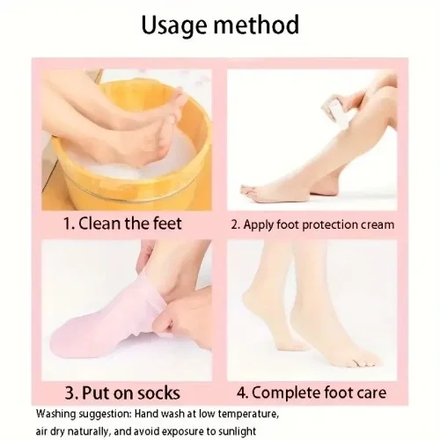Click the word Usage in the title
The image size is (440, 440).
click(x=174, y=26)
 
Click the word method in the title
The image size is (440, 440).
click(x=256, y=24)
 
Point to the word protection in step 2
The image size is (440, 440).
click(x=330, y=225)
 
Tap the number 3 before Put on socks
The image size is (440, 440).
click(x=70, y=393)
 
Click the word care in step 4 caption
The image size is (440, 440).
click(x=371, y=393)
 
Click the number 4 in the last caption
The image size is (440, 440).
click(x=242, y=393)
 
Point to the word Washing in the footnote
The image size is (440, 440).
click(x=55, y=414)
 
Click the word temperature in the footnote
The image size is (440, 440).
click(x=248, y=414)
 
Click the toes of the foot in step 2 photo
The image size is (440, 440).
click(x=249, y=191)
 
